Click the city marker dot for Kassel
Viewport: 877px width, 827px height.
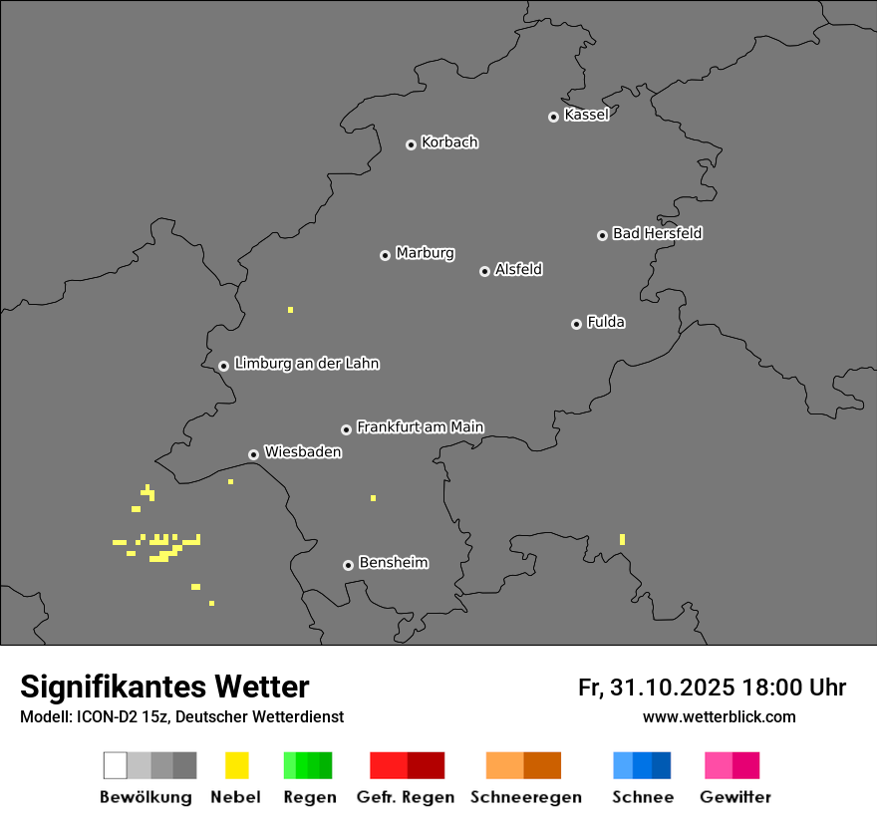(x=553, y=117)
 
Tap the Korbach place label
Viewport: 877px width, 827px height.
(x=449, y=142)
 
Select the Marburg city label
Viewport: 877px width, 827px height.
(x=425, y=253)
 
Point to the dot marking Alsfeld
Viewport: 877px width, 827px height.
(x=484, y=271)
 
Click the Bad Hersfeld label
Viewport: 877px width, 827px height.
(x=657, y=233)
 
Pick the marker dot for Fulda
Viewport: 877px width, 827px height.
(x=576, y=324)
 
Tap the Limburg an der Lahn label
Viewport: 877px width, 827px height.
(x=306, y=364)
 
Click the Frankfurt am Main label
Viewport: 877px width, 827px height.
(x=420, y=426)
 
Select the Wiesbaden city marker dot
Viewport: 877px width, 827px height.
(x=253, y=454)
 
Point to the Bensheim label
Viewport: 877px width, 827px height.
(x=393, y=563)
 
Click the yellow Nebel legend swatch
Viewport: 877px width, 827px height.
(x=236, y=765)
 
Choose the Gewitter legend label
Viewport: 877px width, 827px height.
(x=735, y=797)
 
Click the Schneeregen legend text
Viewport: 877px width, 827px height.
(x=526, y=797)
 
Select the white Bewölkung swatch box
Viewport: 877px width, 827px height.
(x=116, y=765)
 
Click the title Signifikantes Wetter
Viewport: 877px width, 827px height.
(x=164, y=688)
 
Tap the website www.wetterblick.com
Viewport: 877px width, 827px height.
(x=719, y=716)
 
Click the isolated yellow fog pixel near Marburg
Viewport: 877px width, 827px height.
(x=290, y=310)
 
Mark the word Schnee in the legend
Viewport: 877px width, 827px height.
(x=643, y=797)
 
